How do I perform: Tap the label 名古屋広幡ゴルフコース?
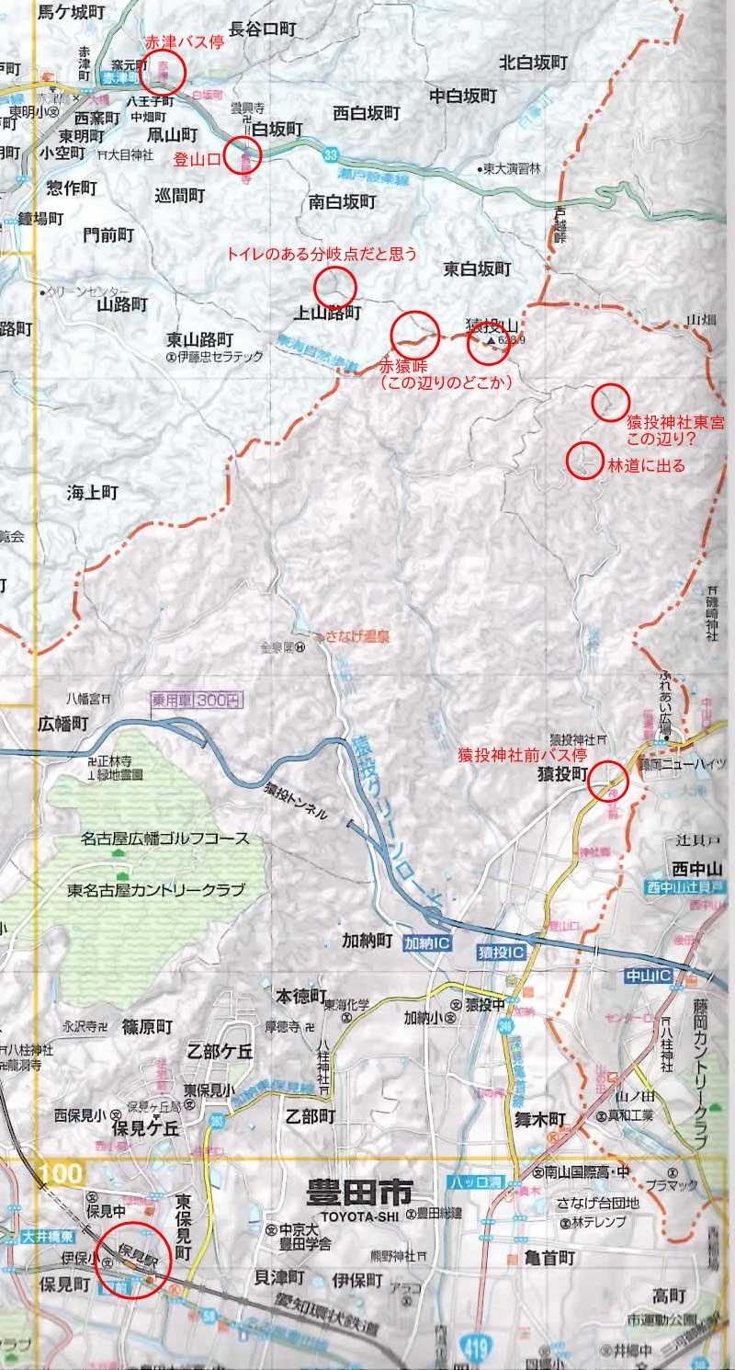tap(164, 839)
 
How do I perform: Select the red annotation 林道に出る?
tap(647, 466)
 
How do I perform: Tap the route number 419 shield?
tap(470, 1350)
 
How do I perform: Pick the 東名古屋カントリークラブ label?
tap(157, 890)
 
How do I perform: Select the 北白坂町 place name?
tap(533, 63)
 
